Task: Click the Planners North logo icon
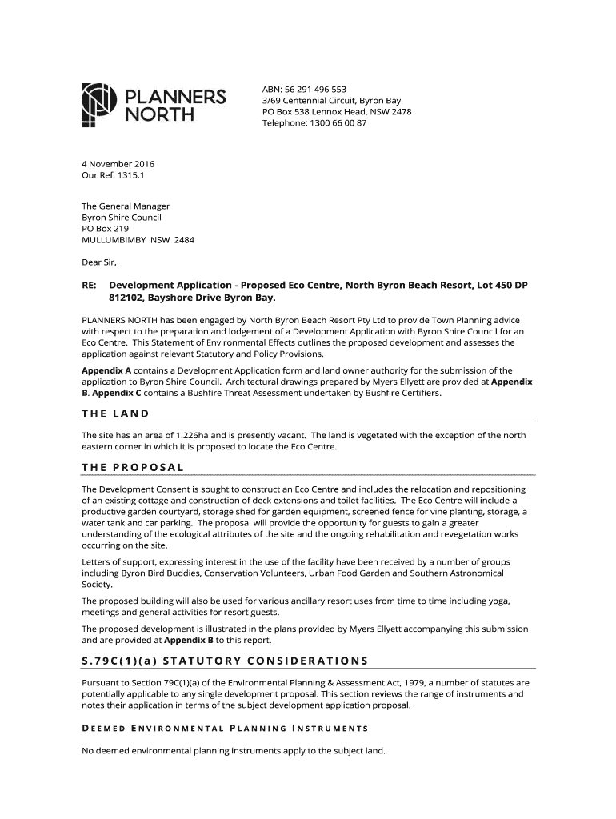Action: coord(95,105)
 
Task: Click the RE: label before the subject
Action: coord(90,286)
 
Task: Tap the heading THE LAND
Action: coord(116,413)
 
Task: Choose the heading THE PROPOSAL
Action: coord(134,467)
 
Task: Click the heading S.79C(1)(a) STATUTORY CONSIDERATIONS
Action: coord(225,661)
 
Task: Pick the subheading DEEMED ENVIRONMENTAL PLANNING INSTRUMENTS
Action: coord(225,729)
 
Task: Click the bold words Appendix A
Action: coord(106,371)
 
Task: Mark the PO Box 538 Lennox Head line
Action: coord(337,112)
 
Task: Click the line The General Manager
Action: coord(126,206)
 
